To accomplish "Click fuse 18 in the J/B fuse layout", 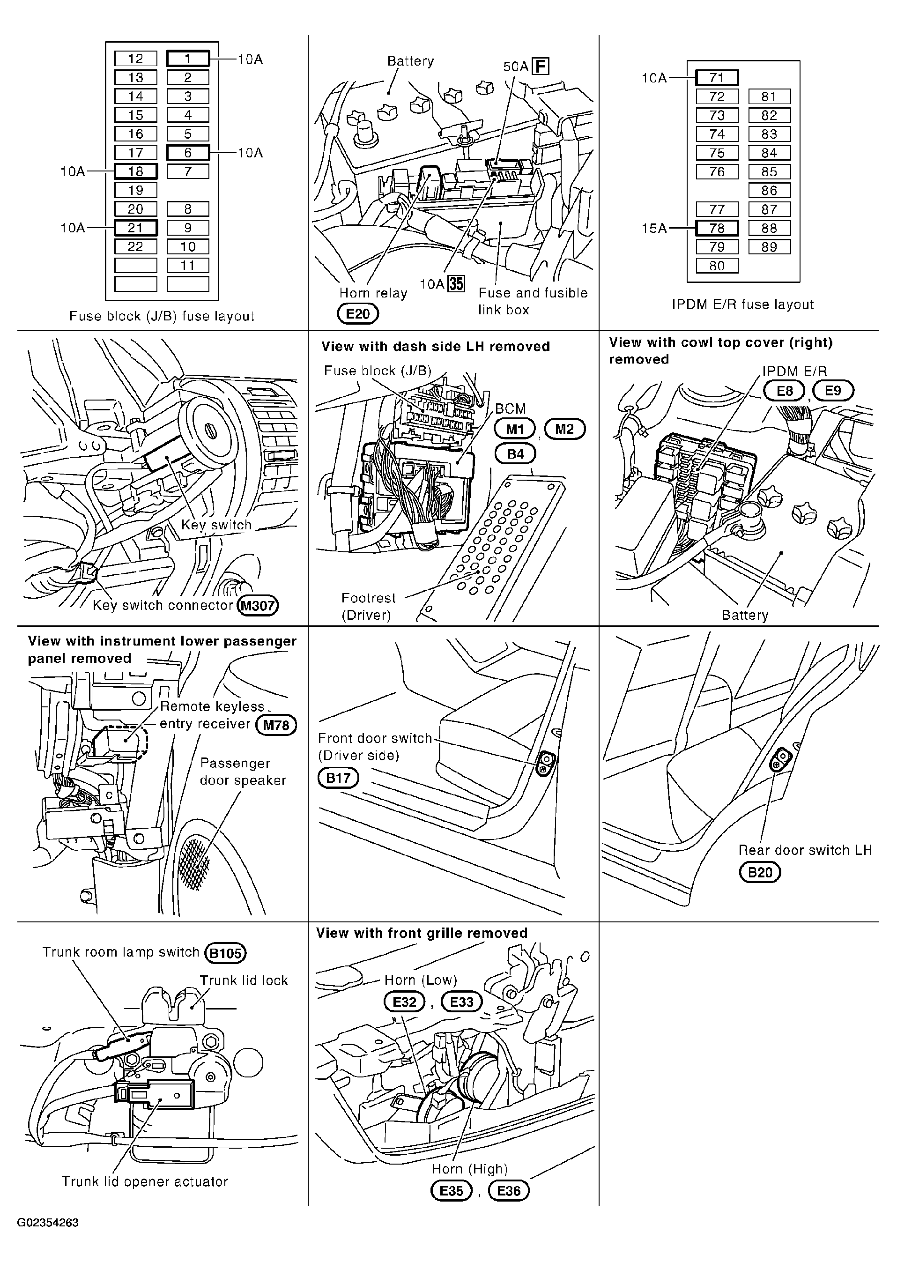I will pos(136,171).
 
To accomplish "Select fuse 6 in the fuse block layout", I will pos(188,152).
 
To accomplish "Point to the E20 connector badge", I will pos(358,314).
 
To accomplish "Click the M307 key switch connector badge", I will pos(258,606).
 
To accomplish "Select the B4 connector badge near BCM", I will pos(515,454).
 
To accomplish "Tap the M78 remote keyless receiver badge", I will pos(276,725).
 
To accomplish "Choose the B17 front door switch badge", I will pos(338,778).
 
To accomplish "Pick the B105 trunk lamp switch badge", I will pos(225,953).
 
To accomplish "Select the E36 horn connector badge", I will pos(509,1191).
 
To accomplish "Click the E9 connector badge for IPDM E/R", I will pos(833,391).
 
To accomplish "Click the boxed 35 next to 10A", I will pos(456,284).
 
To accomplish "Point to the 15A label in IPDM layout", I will pos(654,228).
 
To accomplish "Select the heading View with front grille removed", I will pos(422,933).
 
